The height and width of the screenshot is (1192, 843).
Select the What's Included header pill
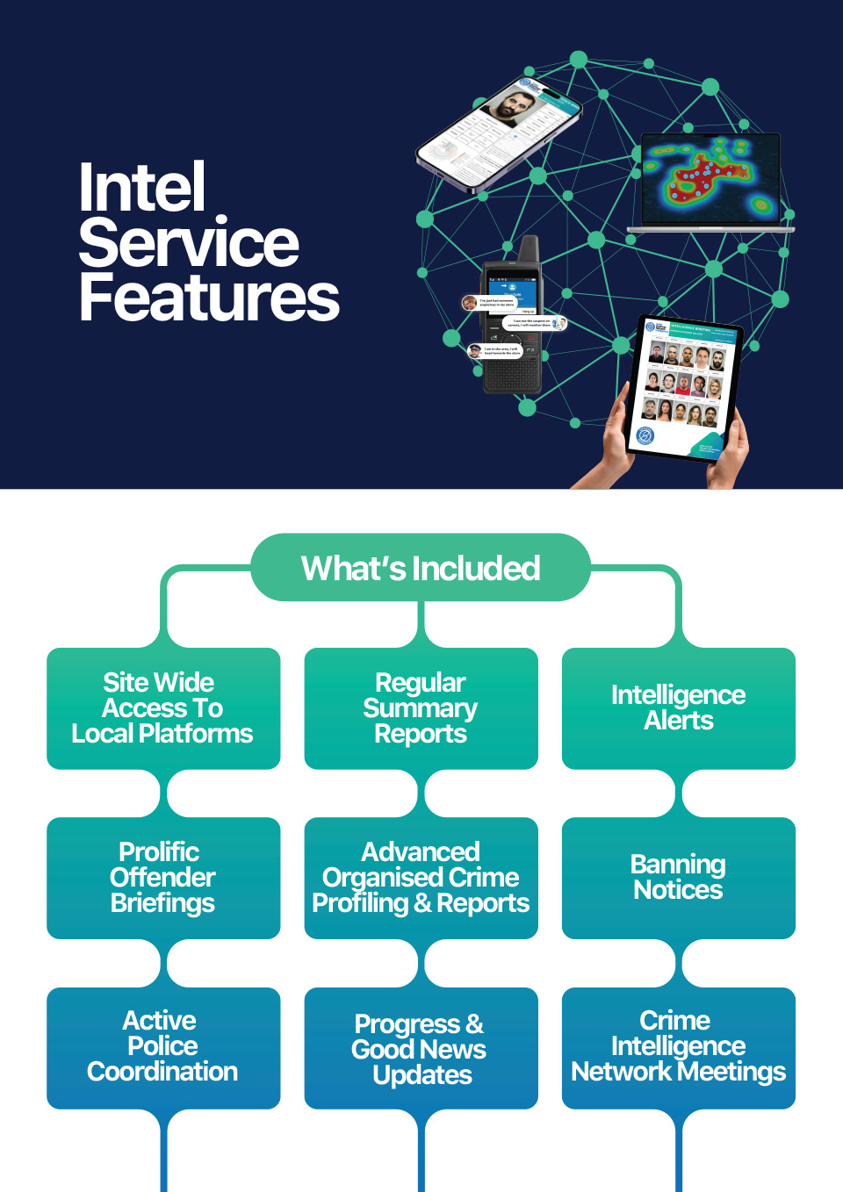tap(421, 568)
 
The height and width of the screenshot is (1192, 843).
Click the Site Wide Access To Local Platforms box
tap(163, 708)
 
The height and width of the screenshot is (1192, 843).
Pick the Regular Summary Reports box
tap(421, 708)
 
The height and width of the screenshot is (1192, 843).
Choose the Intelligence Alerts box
tap(678, 708)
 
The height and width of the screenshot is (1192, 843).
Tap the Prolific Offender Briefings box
tap(163, 878)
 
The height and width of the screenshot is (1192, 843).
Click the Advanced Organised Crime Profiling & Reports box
tap(421, 878)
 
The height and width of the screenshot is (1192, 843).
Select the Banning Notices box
tap(678, 878)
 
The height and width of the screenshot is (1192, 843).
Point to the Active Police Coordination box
tap(163, 1047)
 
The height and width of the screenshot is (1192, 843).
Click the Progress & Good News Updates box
tap(421, 1049)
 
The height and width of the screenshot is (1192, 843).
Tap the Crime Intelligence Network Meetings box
tap(678, 1047)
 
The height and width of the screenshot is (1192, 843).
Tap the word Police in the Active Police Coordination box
tap(162, 1046)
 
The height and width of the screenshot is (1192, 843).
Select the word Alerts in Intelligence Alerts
tap(678, 721)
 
